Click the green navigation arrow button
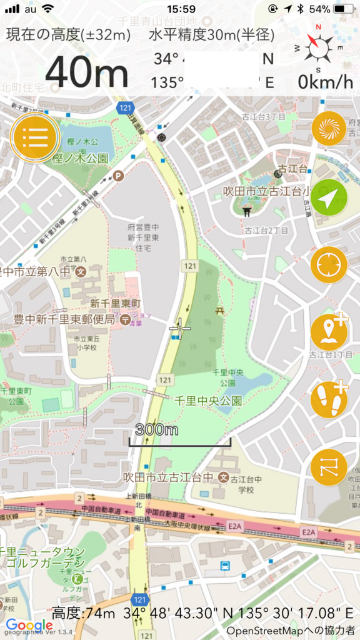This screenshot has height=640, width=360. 329,197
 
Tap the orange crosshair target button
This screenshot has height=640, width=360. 329,264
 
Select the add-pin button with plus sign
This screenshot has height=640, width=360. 329,332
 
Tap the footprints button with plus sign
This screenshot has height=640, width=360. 329,399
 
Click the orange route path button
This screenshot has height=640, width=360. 329,467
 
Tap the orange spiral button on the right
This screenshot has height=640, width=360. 329,129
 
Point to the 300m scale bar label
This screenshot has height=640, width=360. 156,429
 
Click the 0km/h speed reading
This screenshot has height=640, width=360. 325,82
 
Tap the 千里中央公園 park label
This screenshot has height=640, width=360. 207,401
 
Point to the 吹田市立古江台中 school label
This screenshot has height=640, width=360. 168,477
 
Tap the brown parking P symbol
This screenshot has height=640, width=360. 117,177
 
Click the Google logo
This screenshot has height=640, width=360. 29,625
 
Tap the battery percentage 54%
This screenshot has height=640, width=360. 319,9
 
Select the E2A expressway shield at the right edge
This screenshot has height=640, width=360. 308,531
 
